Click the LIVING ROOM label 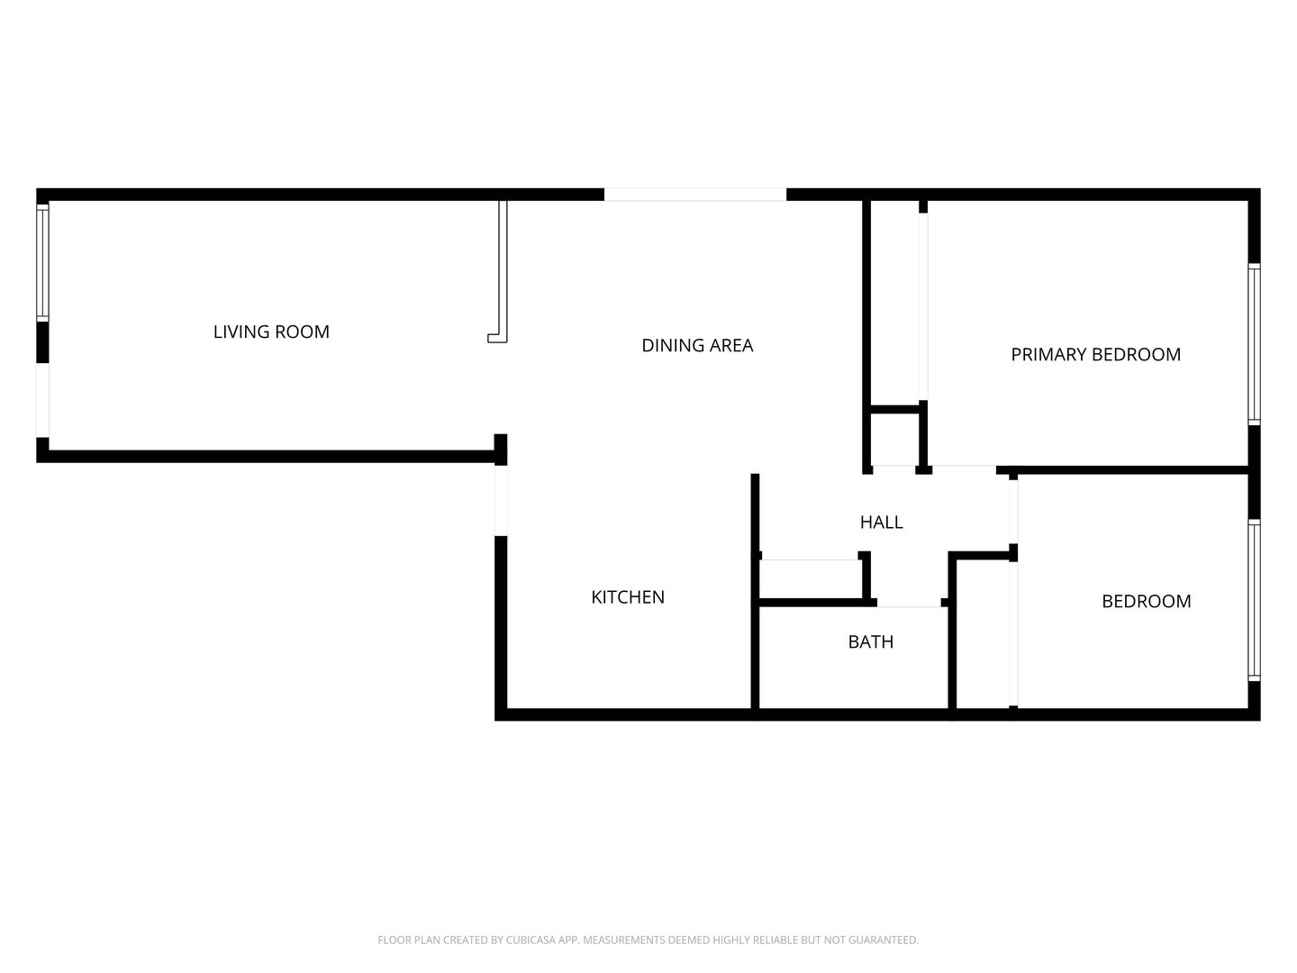click(x=271, y=332)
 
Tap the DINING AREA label click(x=697, y=345)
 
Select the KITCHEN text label click(x=628, y=596)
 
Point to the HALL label click(x=881, y=522)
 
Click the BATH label click(x=871, y=641)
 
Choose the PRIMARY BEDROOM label click(x=1095, y=354)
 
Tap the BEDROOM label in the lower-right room click(x=1146, y=601)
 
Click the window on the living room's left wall click(x=41, y=261)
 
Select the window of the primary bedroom click(x=1254, y=344)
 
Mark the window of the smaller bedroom click(x=1254, y=600)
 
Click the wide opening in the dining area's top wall click(x=694, y=195)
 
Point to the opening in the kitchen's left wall click(x=501, y=500)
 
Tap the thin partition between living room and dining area click(x=503, y=270)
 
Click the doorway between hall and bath click(x=909, y=604)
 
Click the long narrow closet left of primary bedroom click(x=895, y=302)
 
